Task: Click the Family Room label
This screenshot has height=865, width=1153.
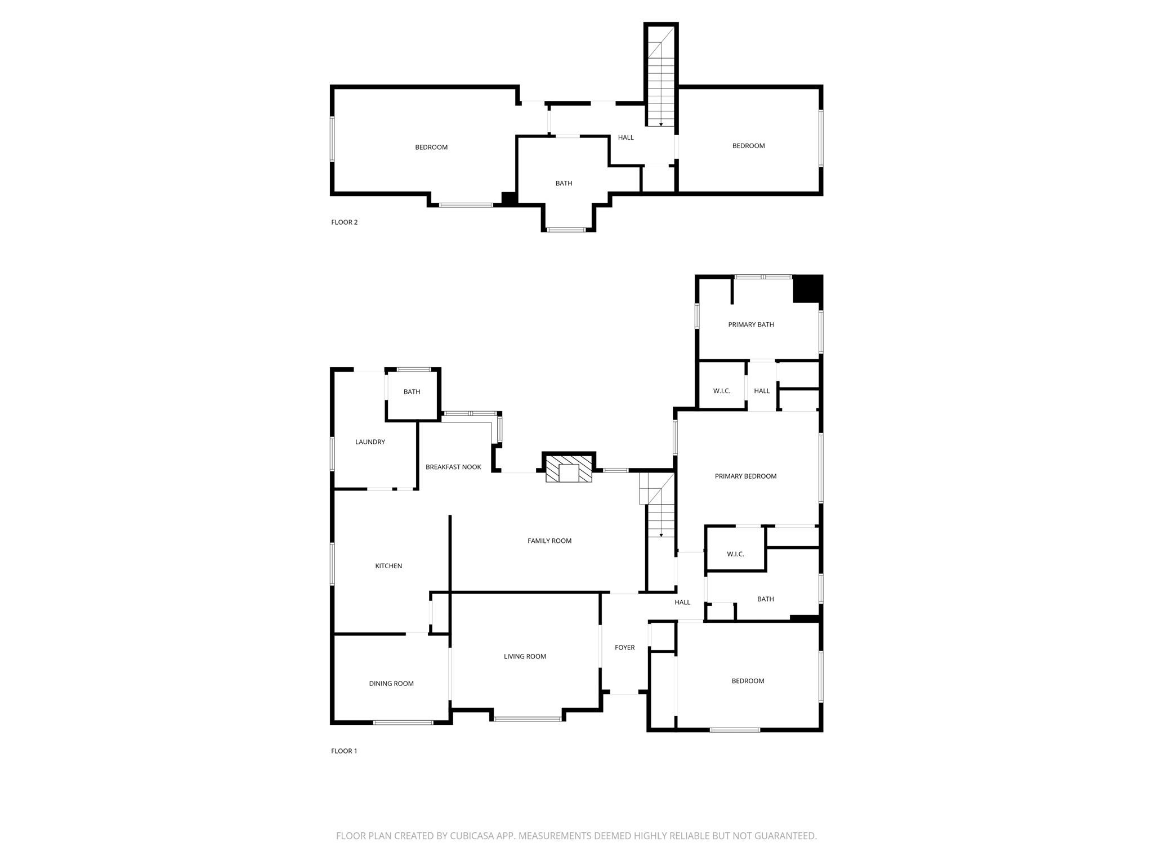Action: (x=549, y=541)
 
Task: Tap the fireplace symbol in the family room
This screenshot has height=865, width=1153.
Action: (x=569, y=468)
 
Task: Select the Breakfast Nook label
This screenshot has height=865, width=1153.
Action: (x=453, y=467)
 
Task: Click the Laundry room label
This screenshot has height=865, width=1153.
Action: (x=370, y=442)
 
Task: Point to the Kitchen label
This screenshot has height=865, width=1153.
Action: (x=388, y=566)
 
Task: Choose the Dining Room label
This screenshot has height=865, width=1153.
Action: (x=391, y=684)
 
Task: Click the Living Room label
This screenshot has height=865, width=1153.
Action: (x=525, y=656)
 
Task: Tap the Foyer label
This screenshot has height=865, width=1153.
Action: (x=624, y=648)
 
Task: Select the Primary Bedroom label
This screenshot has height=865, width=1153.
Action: (x=745, y=476)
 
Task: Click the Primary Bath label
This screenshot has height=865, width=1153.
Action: (x=750, y=324)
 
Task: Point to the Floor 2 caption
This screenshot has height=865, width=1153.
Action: (x=344, y=222)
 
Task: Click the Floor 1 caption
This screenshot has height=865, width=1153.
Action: (x=344, y=751)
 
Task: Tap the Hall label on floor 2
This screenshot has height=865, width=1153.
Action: (x=625, y=137)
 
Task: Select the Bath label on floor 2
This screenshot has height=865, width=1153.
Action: (x=564, y=184)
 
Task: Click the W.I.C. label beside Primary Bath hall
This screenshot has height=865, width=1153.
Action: (x=721, y=391)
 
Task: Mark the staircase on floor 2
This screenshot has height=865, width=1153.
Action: (x=661, y=79)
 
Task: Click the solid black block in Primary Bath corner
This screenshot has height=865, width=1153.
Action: (x=807, y=288)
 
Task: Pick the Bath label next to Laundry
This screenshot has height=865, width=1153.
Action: (x=412, y=392)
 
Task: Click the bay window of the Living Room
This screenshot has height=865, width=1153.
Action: (x=528, y=719)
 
